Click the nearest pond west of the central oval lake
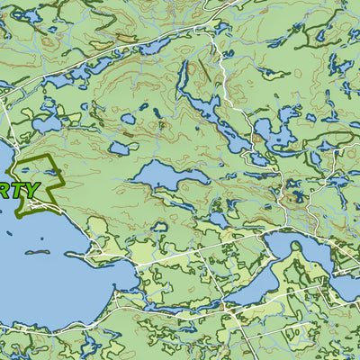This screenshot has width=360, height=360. [119, 148]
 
